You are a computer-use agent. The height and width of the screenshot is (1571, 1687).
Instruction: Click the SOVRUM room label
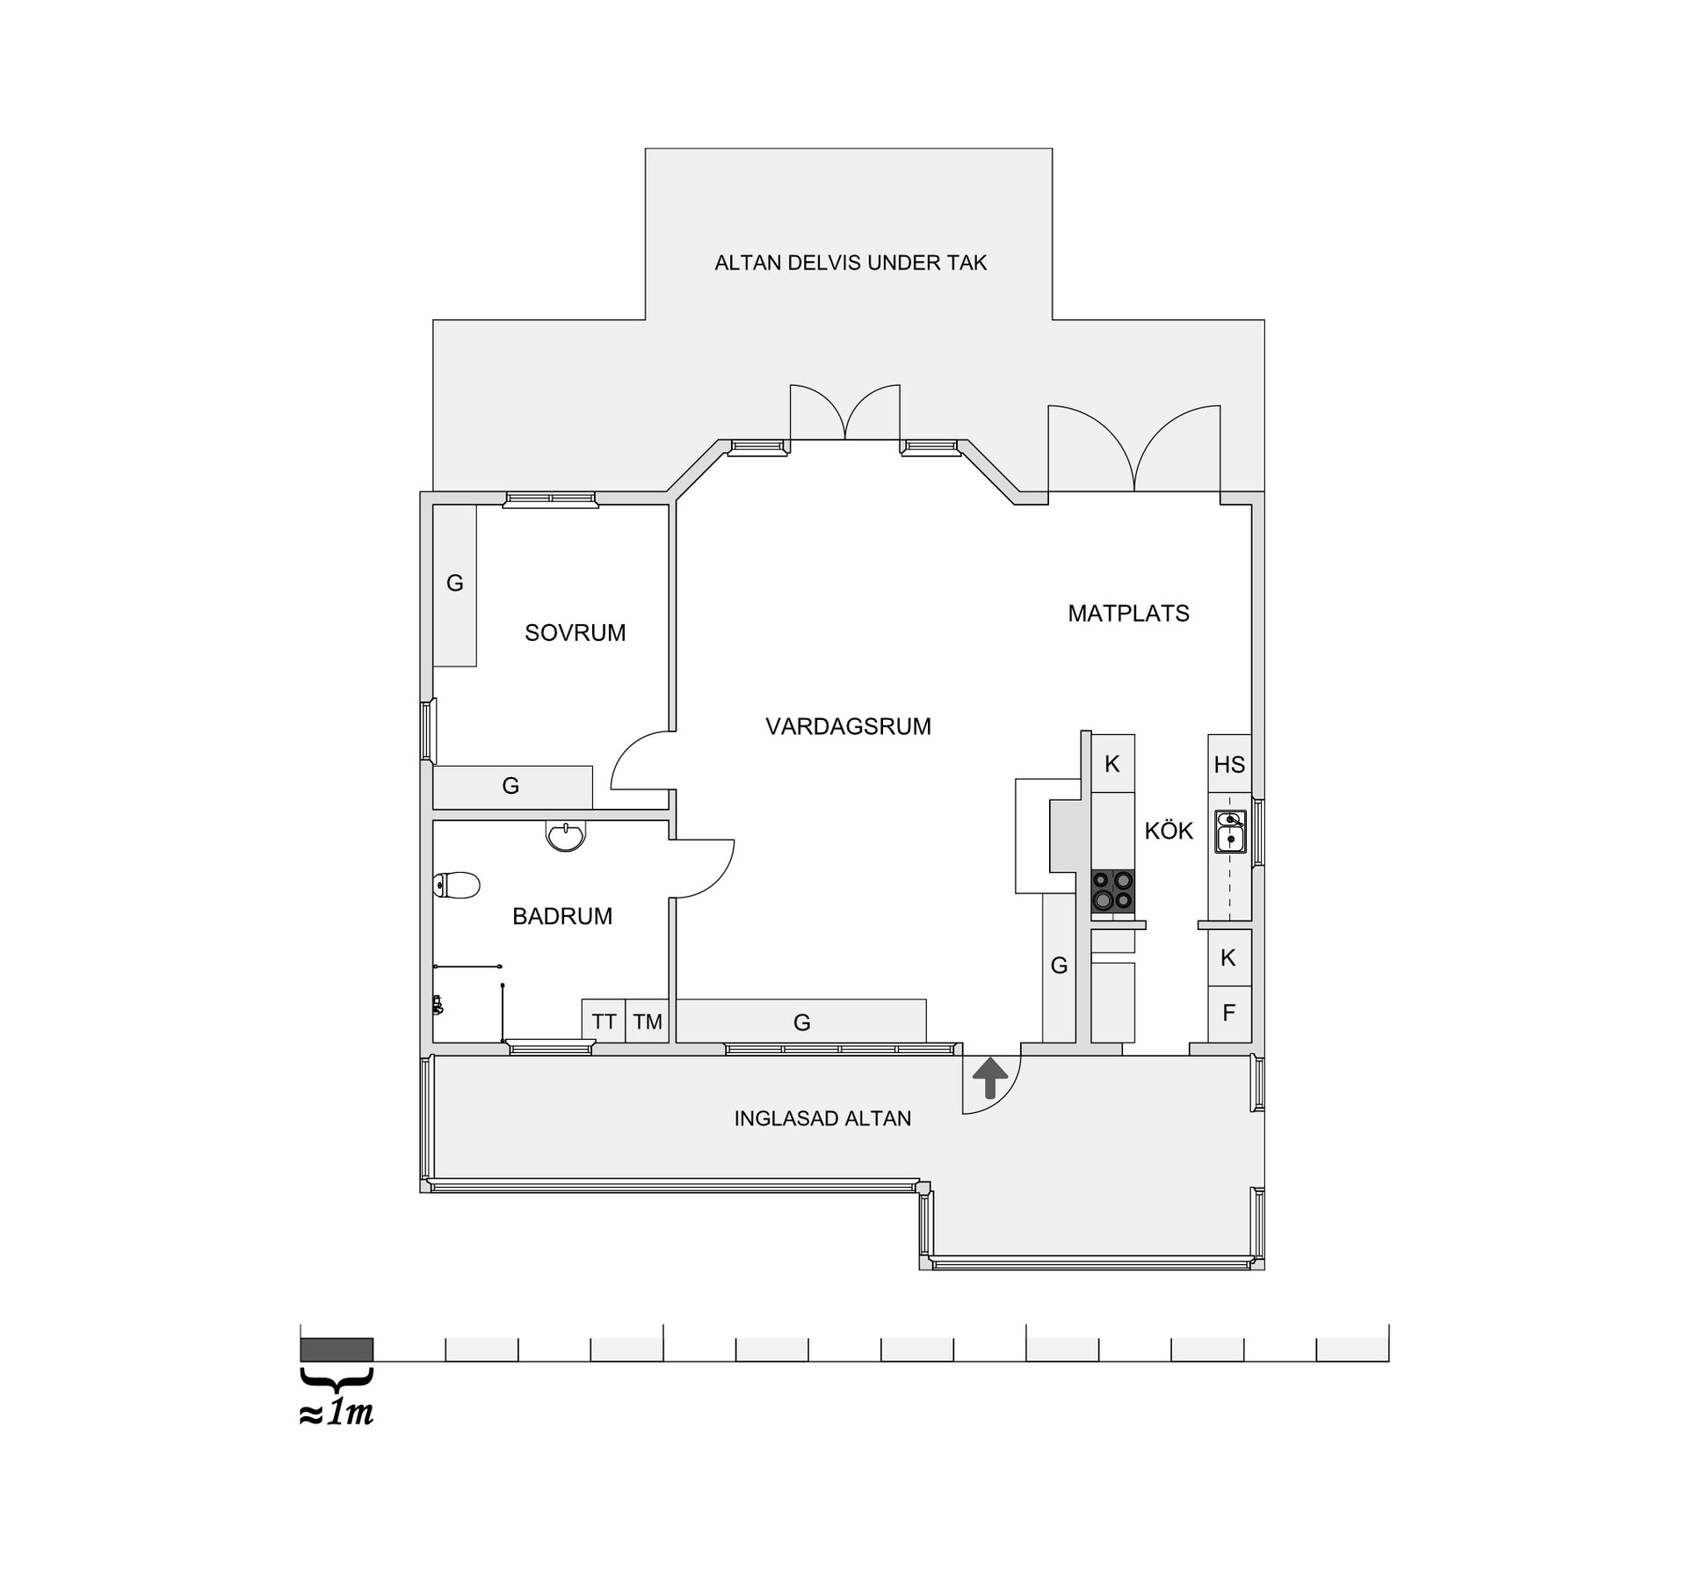pyautogui.click(x=575, y=633)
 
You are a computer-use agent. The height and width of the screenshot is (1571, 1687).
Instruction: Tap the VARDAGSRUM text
pyautogui.click(x=848, y=726)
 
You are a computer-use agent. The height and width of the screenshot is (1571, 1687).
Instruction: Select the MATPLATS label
pyautogui.click(x=1128, y=614)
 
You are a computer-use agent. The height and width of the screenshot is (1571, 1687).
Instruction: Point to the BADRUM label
pyautogui.click(x=562, y=916)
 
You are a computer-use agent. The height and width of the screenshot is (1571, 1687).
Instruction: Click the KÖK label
pyautogui.click(x=1169, y=830)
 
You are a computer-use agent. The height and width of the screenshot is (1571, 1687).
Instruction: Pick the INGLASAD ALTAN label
pyautogui.click(x=822, y=1118)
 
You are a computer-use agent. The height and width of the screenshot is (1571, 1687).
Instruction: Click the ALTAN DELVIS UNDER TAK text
pyautogui.click(x=851, y=263)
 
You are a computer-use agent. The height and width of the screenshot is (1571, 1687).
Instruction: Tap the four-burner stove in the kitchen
pyautogui.click(x=1112, y=890)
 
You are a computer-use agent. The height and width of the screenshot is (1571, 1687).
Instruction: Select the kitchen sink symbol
pyautogui.click(x=1230, y=832)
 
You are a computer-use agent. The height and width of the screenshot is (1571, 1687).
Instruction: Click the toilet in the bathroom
pyautogui.click(x=456, y=885)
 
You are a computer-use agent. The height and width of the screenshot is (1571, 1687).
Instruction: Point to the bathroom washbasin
pyautogui.click(x=566, y=835)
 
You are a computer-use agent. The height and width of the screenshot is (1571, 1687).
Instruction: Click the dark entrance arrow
pyautogui.click(x=990, y=1078)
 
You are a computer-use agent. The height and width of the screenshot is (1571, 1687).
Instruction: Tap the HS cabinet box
pyautogui.click(x=1229, y=764)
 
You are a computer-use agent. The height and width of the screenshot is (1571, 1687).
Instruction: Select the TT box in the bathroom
pyautogui.click(x=604, y=1021)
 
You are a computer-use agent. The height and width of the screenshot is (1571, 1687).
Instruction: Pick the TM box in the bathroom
pyautogui.click(x=648, y=1021)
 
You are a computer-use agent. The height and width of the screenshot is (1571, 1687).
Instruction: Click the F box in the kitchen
pyautogui.click(x=1229, y=1014)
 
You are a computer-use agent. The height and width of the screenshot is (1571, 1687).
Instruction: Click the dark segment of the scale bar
pyautogui.click(x=337, y=1349)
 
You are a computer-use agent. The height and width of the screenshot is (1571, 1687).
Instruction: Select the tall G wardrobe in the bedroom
pyautogui.click(x=454, y=585)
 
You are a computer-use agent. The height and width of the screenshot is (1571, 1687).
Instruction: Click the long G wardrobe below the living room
pyautogui.click(x=801, y=1021)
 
